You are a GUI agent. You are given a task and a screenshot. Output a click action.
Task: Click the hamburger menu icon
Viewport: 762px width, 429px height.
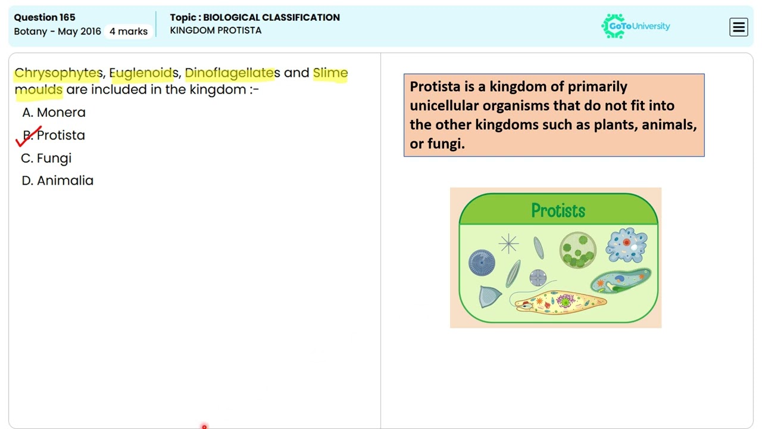[738, 27]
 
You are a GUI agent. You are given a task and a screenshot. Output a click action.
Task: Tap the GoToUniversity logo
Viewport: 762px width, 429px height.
[636, 26]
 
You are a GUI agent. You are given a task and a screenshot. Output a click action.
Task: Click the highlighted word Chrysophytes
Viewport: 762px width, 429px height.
[58, 73]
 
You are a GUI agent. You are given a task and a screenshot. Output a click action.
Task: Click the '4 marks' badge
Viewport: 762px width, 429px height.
[129, 31]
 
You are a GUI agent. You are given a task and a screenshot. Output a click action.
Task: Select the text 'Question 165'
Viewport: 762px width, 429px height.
[45, 17]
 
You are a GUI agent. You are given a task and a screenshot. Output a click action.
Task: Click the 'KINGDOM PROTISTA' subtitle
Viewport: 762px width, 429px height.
[216, 30]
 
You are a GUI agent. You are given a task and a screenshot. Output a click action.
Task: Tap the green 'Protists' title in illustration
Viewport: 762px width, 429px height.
[558, 211]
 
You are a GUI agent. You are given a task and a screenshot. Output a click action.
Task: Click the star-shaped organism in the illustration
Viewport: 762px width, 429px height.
[508, 243]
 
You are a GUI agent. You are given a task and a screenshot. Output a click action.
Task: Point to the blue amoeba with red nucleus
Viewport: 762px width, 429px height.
[626, 245]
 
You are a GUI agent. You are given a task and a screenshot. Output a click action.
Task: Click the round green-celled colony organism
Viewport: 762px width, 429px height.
[577, 250]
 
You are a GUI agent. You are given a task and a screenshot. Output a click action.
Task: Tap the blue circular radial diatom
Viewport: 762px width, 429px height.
[482, 263]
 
